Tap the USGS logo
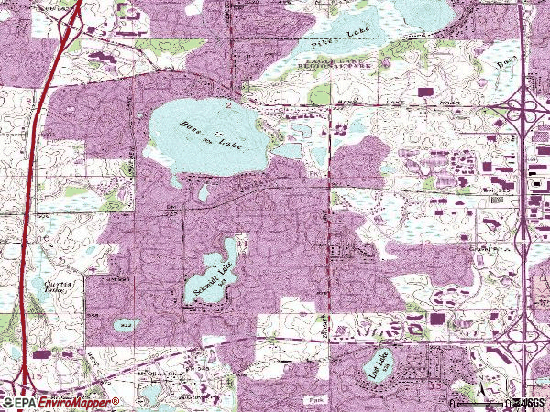tap(529, 403)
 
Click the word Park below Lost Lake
tap(318, 399)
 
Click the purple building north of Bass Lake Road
tap(423, 92)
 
